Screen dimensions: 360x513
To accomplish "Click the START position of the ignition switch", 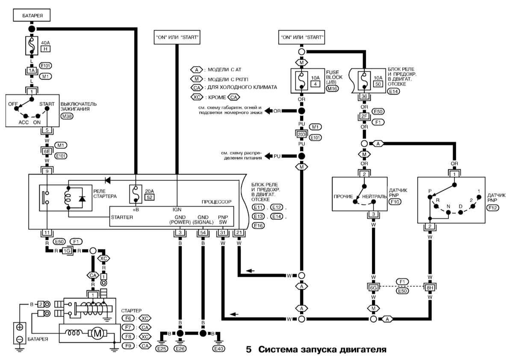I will point(47,103).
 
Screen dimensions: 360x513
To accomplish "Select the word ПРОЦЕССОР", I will point(216,201).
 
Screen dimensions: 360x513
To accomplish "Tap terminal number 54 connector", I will point(202,233).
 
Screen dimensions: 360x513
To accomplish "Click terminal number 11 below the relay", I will point(47,233).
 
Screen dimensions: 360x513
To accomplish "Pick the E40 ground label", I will point(218,349).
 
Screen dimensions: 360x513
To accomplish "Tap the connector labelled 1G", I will point(67,250).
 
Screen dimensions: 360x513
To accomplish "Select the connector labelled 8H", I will point(429,287).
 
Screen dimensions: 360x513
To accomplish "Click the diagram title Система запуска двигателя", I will point(316,349).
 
